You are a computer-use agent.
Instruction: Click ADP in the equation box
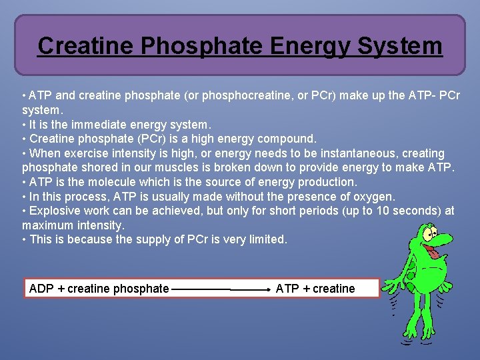point(42,289)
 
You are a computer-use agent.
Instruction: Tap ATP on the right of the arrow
point(287,289)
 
